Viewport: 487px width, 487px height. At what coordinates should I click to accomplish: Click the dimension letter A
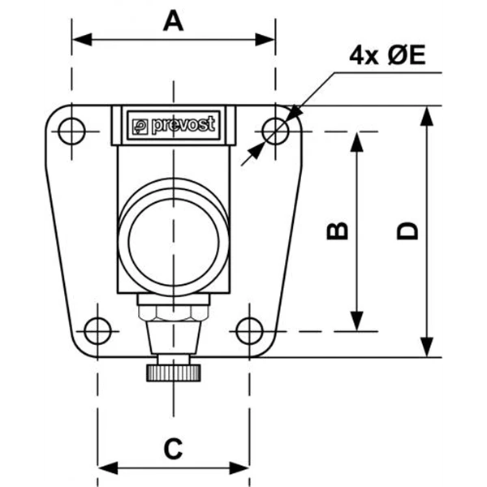(x=173, y=19)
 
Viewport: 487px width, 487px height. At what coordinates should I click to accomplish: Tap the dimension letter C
(x=173, y=447)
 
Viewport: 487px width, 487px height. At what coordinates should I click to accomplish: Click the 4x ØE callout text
(x=387, y=55)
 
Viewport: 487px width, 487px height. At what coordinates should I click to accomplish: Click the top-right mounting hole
(x=276, y=130)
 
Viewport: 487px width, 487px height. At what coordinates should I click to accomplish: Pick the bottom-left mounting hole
(x=97, y=330)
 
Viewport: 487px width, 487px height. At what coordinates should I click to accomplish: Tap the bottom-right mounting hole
(x=248, y=330)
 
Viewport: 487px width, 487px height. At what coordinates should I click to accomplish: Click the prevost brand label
(x=174, y=125)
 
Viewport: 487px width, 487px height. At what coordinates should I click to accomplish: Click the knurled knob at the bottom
(x=174, y=373)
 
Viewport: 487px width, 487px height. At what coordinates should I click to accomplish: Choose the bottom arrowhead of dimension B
(x=356, y=324)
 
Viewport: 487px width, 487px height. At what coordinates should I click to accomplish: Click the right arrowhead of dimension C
(x=241, y=468)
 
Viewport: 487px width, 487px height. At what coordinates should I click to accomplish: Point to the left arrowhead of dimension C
(x=105, y=468)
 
